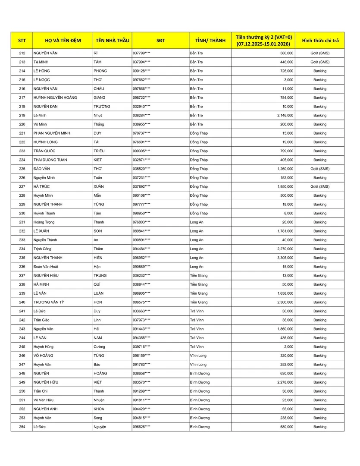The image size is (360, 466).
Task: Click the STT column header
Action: (x=22, y=41)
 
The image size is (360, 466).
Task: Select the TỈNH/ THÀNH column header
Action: (x=210, y=41)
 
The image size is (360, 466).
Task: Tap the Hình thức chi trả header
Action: (x=320, y=41)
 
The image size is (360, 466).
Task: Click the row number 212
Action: (x=22, y=53)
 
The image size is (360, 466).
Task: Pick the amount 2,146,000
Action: (x=285, y=116)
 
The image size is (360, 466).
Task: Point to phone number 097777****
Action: (x=141, y=205)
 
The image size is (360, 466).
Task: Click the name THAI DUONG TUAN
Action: (x=50, y=160)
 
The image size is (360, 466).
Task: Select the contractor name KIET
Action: (x=99, y=160)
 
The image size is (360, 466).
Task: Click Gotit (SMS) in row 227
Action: (x=320, y=187)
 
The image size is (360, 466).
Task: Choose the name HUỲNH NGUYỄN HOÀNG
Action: (x=55, y=98)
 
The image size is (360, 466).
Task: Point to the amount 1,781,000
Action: (x=285, y=231)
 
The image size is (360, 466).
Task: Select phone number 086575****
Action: (x=141, y=302)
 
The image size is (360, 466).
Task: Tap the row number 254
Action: (x=22, y=427)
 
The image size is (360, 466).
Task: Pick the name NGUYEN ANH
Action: (x=45, y=409)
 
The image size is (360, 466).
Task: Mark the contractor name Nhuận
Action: (x=100, y=400)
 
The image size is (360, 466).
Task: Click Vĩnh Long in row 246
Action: (x=198, y=356)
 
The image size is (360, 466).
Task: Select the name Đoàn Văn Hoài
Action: (x=47, y=267)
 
